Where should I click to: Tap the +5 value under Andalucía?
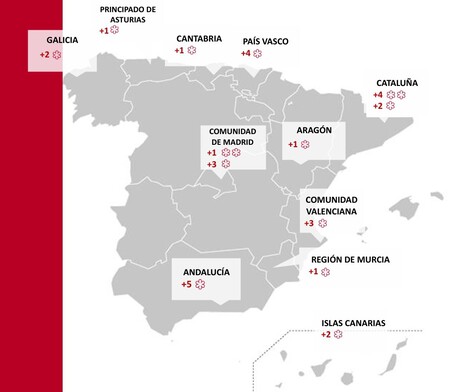(x=187, y=285)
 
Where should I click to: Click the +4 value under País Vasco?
(x=246, y=53)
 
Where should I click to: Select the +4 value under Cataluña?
(x=378, y=95)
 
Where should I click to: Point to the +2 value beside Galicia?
(x=43, y=53)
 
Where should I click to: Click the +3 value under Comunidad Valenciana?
(x=310, y=223)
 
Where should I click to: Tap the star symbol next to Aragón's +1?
(x=305, y=145)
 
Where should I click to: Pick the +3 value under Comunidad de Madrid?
(x=211, y=163)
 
